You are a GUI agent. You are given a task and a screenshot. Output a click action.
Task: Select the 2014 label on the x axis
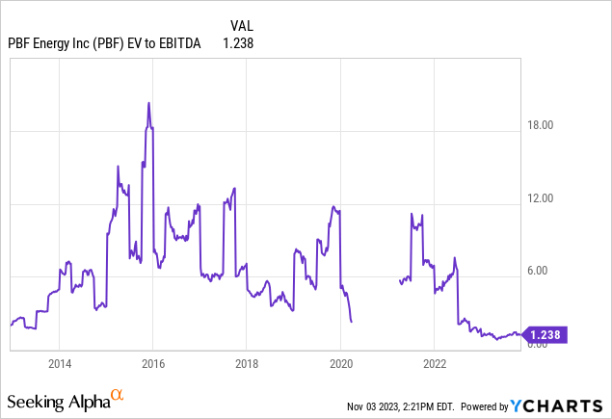pyautogui.click(x=59, y=364)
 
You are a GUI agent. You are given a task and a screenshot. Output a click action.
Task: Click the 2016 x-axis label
pyautogui.click(x=152, y=364)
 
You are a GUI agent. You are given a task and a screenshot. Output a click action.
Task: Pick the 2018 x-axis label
pyautogui.click(x=246, y=364)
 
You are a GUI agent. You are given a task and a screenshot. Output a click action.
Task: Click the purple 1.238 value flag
pyautogui.click(x=543, y=334)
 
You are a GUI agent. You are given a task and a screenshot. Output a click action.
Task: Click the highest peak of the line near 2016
pyautogui.click(x=148, y=102)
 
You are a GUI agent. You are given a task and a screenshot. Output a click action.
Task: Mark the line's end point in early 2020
pyautogui.click(x=352, y=322)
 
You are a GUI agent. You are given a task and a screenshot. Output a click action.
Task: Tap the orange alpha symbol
pyautogui.click(x=118, y=395)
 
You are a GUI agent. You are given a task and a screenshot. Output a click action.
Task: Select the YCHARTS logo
pyautogui.click(x=567, y=406)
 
